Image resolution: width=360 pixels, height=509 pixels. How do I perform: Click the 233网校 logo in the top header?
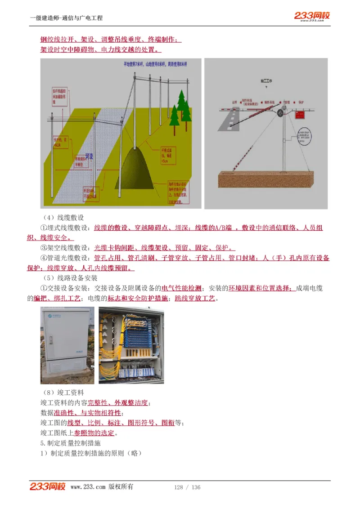312,16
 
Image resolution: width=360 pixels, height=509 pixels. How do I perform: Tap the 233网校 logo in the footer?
48,487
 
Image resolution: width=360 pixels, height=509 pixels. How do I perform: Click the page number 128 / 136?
187,487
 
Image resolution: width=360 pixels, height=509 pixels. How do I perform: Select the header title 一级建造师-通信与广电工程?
66,18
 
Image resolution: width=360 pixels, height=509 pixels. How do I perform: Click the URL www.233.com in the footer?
88,487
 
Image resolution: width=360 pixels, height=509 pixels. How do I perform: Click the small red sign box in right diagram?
300,115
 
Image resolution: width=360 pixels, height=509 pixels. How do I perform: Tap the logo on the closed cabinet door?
54,317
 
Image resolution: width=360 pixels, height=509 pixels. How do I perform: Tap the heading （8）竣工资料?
62,393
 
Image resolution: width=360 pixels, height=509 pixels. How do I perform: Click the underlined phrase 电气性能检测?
181,288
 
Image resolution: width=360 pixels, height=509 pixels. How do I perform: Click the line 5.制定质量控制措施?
70,443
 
